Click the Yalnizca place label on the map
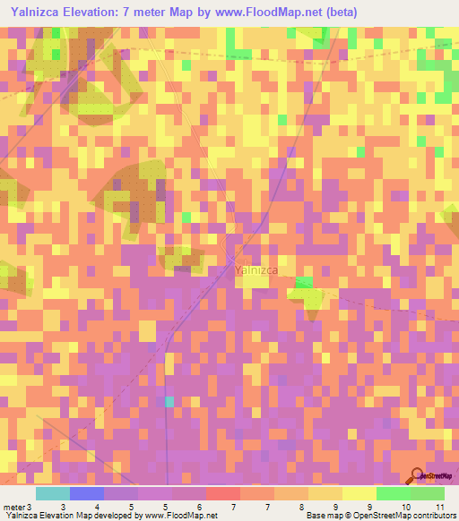(x=255, y=269)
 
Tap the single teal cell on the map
(x=169, y=402)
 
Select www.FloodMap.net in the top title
(x=265, y=13)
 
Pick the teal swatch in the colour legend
(x=52, y=493)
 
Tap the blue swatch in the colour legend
(x=86, y=493)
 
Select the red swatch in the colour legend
(x=222, y=493)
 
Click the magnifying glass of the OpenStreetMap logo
(x=415, y=475)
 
